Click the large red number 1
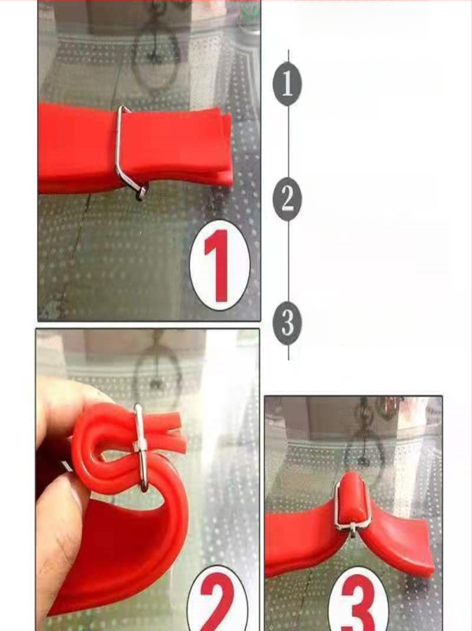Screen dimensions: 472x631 [217, 266]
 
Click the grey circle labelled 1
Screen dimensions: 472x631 [287, 84]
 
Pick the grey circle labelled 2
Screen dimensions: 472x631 [287, 200]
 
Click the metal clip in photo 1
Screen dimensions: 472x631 [128, 153]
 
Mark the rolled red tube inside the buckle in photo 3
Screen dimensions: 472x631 [352, 499]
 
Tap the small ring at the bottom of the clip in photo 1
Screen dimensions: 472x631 [142, 192]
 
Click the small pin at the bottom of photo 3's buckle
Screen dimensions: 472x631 [352, 530]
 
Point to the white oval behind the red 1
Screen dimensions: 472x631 [220, 265]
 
